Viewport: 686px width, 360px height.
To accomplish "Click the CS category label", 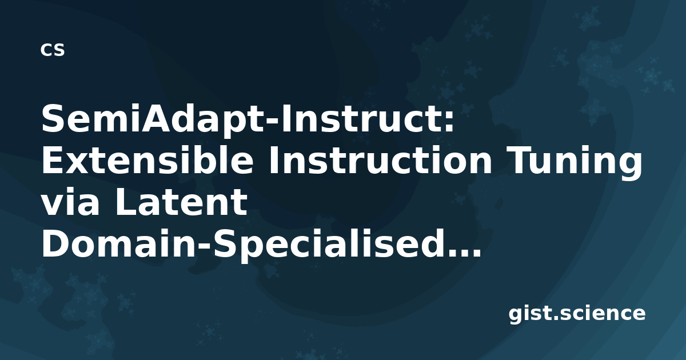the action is (53, 50).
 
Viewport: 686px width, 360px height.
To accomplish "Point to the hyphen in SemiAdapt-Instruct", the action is (273, 122).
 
